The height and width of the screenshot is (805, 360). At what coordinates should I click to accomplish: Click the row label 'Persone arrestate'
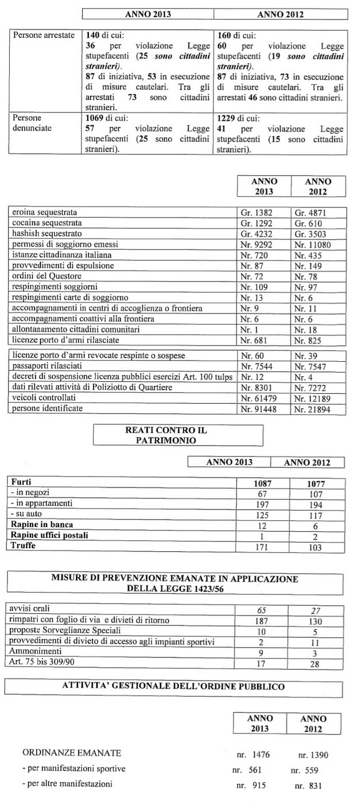tap(44, 36)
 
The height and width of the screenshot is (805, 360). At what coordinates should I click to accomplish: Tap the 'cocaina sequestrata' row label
tap(47, 222)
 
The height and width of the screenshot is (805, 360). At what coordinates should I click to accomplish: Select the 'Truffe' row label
tap(22, 546)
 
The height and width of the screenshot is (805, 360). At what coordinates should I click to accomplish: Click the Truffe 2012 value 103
tap(316, 547)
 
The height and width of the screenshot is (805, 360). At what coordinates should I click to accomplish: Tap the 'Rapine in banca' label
tap(42, 525)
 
